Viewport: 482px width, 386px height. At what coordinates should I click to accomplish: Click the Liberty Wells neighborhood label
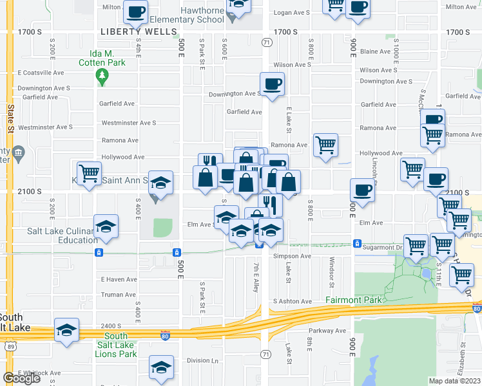click(139, 32)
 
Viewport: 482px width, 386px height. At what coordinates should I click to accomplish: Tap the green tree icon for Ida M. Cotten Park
click(102, 77)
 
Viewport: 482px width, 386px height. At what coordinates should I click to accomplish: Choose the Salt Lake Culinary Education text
click(62, 235)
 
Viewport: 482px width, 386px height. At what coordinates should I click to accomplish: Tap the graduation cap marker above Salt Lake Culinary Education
click(106, 226)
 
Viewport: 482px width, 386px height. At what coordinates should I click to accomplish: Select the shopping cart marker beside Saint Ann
click(90, 172)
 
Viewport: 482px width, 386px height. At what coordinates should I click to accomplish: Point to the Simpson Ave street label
click(292, 256)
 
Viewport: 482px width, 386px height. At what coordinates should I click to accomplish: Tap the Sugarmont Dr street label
click(380, 246)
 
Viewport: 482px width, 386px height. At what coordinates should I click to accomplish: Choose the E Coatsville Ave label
click(41, 73)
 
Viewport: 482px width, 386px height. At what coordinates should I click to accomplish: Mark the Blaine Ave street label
click(376, 51)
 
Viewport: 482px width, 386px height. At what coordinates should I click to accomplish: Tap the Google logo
click(21, 378)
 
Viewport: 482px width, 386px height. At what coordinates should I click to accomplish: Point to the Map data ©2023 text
click(454, 381)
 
